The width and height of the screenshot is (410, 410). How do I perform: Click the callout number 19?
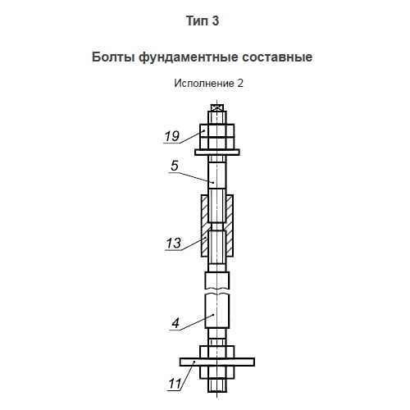(172, 136)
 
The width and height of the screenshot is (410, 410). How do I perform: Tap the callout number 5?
(175, 166)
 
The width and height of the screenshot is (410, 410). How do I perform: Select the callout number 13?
(174, 243)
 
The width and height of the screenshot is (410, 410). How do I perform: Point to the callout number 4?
(175, 323)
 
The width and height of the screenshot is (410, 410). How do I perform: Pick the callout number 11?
(175, 384)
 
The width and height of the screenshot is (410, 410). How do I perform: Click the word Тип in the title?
(196, 21)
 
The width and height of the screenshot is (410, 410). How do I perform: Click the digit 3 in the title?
(216, 21)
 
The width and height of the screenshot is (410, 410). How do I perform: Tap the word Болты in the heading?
(113, 57)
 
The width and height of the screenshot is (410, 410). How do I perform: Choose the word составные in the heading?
(277, 57)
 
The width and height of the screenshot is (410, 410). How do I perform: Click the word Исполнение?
(204, 84)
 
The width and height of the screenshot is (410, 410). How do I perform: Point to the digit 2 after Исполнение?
(240, 84)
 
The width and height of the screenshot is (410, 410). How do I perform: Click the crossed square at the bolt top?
(217, 107)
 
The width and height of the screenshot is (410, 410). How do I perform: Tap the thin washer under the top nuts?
(217, 153)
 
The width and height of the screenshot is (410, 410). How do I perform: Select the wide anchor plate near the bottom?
(217, 362)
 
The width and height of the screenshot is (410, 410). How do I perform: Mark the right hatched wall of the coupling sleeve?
(230, 225)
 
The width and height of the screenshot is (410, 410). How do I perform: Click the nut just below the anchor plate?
(217, 372)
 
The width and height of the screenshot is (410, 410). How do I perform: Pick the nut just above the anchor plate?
(217, 352)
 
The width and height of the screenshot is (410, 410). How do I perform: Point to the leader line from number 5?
(191, 177)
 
